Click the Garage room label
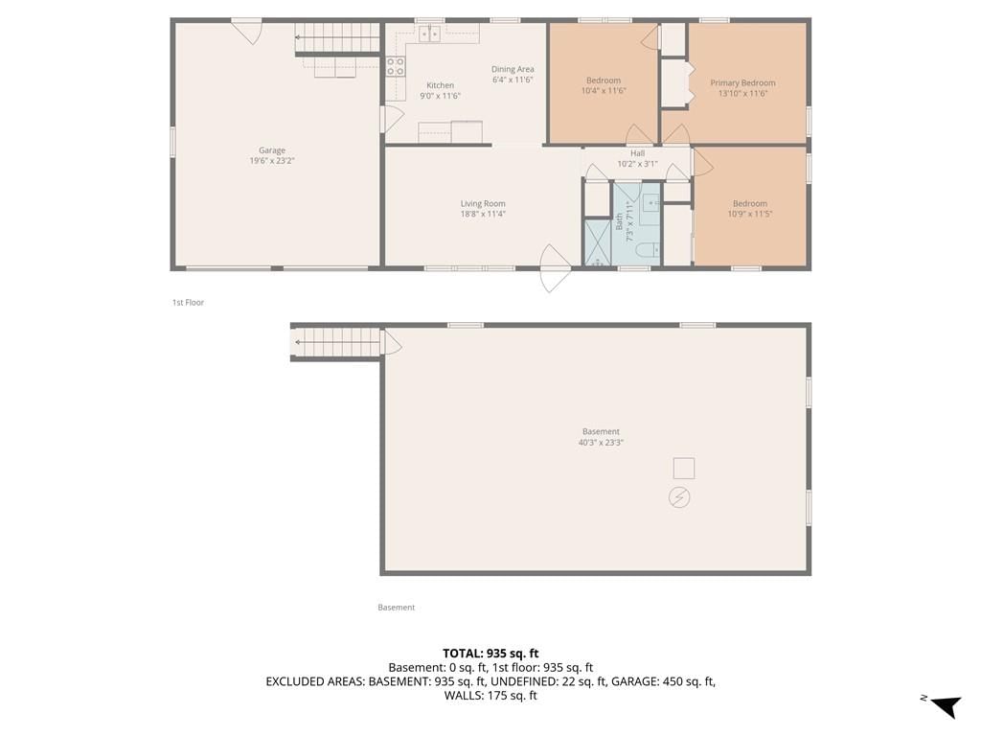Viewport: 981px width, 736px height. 271,150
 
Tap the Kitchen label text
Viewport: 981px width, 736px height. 440,85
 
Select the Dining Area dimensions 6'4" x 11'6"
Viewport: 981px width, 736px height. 513,80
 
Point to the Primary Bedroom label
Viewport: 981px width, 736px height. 742,82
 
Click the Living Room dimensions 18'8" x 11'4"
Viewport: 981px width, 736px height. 483,214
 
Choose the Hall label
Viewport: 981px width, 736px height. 637,153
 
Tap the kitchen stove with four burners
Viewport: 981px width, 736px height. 395,67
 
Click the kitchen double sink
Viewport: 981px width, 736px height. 429,34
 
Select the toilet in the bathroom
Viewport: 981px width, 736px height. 649,250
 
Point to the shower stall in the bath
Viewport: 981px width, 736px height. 598,242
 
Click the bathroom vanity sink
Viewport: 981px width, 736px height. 651,203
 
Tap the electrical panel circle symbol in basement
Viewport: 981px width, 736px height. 679,497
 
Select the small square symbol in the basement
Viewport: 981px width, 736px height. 684,468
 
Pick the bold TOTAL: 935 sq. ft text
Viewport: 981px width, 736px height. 490,654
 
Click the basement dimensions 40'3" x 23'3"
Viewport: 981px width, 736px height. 601,443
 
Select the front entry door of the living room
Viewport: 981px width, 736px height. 555,268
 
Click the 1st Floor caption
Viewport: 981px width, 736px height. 189,302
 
